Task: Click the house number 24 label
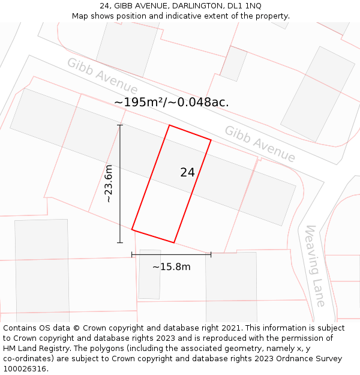coord(187,173)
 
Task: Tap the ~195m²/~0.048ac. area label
coord(171,103)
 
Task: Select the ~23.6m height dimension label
coord(109,184)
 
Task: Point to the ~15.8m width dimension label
coord(171,267)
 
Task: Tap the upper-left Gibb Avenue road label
coord(102,76)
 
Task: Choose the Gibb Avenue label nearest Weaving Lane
coord(260,144)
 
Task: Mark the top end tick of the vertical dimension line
coord(120,125)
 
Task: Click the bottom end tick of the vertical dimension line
coord(120,242)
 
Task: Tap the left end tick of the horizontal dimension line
coord(132,254)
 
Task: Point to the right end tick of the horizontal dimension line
coord(211,254)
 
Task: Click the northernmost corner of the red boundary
coord(170,125)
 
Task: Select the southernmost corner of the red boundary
coord(174,242)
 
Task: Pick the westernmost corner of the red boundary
coord(132,229)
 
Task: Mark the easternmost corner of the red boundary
coord(211,140)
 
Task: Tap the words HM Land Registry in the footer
coord(34,349)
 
